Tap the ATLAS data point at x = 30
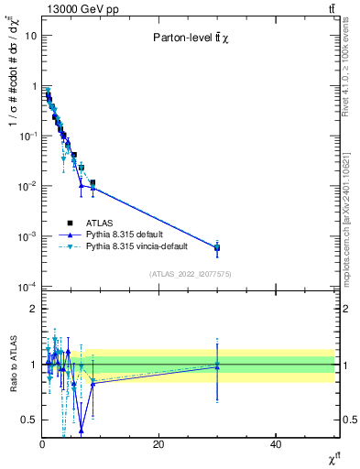coord(217,247)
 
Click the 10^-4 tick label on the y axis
coord(27,287)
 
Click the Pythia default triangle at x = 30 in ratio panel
coord(217,366)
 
